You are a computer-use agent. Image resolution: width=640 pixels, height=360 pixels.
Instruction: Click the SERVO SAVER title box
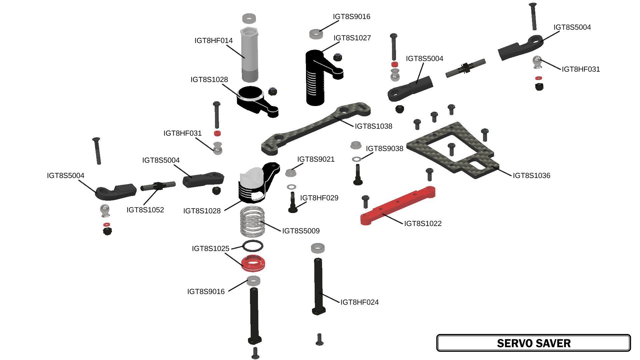click(533, 343)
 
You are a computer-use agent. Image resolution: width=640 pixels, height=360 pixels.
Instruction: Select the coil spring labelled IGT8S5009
click(252, 222)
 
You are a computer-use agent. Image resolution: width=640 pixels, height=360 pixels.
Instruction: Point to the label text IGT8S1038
click(373, 126)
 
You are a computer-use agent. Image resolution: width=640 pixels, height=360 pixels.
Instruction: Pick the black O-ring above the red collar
click(253, 246)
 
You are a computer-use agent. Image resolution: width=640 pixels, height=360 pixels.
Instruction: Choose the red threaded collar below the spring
click(253, 263)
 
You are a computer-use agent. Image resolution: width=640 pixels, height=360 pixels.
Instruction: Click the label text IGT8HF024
click(359, 302)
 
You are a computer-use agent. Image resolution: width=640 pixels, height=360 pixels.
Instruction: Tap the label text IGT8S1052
click(145, 210)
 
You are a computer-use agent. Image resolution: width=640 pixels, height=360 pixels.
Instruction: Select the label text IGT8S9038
click(384, 149)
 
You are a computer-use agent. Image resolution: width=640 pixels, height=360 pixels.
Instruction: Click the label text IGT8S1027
click(352, 38)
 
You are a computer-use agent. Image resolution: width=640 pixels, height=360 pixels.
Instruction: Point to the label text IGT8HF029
click(319, 198)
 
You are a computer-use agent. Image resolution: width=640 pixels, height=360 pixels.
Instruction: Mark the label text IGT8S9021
click(316, 159)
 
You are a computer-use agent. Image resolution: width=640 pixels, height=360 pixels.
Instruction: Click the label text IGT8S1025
click(210, 249)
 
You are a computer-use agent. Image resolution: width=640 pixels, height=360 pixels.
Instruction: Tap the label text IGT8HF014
click(213, 41)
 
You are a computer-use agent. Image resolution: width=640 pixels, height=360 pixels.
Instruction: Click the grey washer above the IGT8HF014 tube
click(249, 18)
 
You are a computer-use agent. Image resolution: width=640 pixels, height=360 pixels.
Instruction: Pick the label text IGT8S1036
click(531, 176)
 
